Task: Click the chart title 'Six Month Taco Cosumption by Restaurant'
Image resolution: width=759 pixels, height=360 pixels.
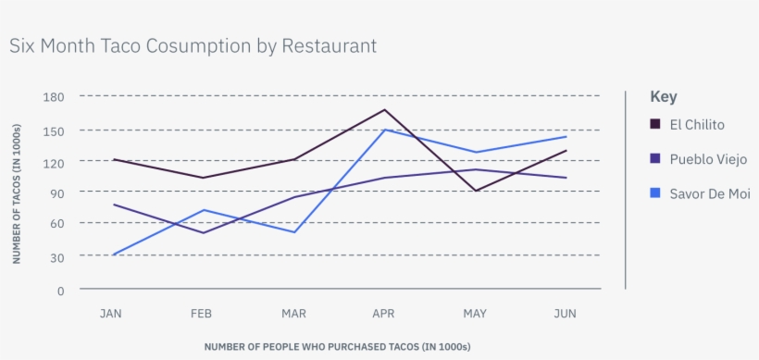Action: pos(193,45)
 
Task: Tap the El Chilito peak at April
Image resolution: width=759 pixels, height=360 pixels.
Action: pos(384,109)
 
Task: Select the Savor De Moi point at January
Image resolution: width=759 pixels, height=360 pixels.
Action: pos(112,254)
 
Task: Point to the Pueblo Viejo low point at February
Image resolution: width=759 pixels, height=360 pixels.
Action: pos(202,232)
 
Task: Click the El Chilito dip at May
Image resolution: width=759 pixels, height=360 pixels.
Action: pos(475,191)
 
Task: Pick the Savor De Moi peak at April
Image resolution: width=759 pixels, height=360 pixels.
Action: pos(384,130)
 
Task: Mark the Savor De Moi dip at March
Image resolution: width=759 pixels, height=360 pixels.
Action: pos(293,232)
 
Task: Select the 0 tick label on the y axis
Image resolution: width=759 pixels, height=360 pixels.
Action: pos(60,291)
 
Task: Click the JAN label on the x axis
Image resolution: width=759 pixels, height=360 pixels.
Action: pos(111,314)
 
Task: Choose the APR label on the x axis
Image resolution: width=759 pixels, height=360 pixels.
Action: pos(383,314)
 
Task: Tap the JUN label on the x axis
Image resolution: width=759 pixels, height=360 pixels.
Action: pos(565,314)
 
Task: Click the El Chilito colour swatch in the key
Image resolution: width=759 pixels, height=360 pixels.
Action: pos(655,125)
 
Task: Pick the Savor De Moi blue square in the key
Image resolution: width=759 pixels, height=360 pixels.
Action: pos(655,192)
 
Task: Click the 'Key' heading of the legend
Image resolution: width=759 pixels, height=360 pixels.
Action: pos(663,96)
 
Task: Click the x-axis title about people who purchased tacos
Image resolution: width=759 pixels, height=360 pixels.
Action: pos(337,347)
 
